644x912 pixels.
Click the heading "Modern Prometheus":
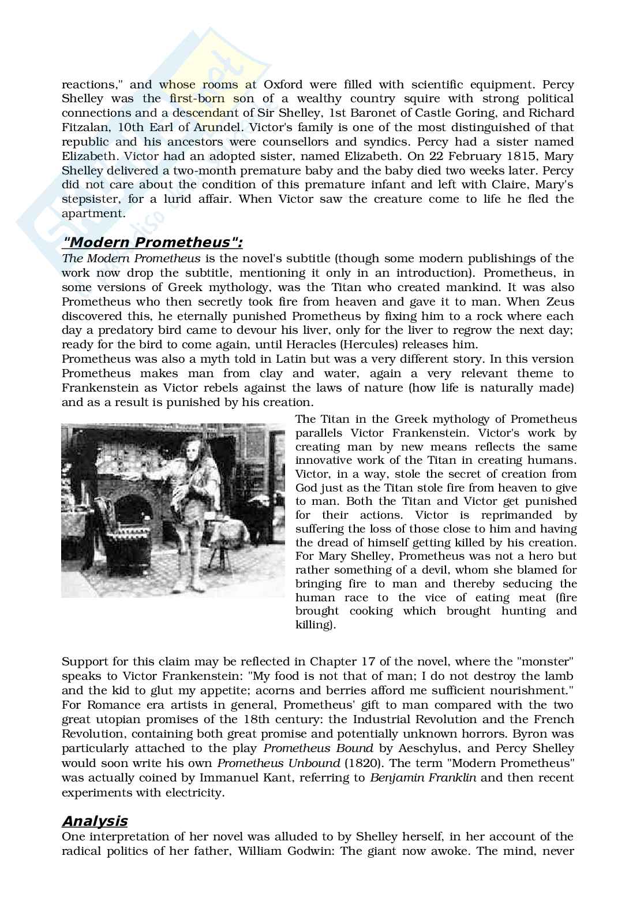click(152, 241)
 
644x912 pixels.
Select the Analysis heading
click(95, 821)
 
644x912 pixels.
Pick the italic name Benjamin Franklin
click(423, 777)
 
